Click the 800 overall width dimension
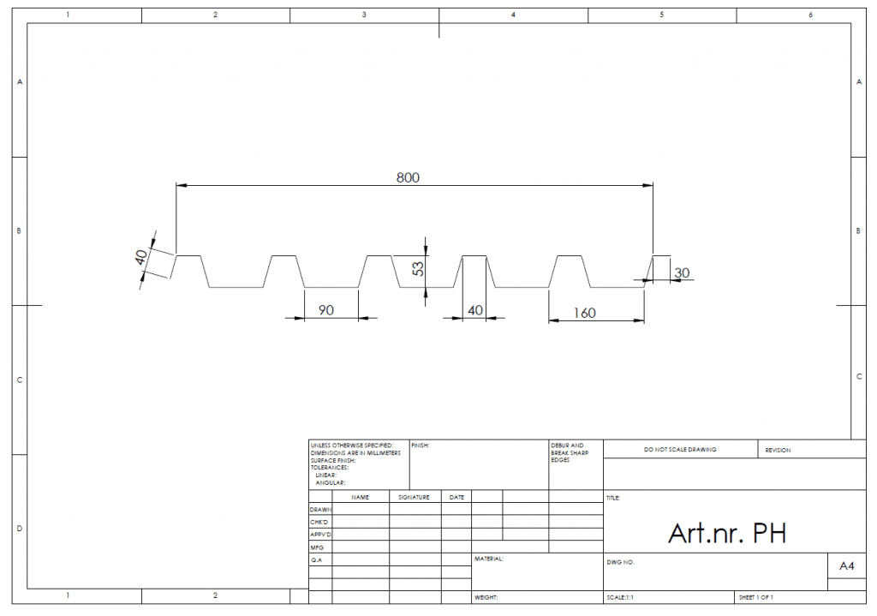coord(408,178)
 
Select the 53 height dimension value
coord(418,269)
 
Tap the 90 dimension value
coord(326,310)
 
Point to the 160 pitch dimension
coord(584,313)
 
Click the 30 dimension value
coord(682,273)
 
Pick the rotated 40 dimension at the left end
coord(141,257)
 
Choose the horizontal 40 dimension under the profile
coord(474,310)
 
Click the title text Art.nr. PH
coord(727,533)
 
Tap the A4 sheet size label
coord(847,566)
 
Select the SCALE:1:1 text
coord(620,598)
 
